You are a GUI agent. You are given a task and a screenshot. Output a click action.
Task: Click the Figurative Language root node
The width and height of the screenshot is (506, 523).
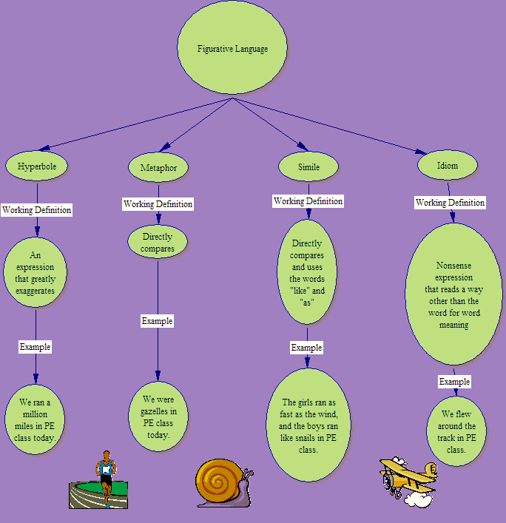(x=232, y=49)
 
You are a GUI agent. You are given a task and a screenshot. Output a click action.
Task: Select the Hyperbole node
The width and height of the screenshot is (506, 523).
(x=37, y=166)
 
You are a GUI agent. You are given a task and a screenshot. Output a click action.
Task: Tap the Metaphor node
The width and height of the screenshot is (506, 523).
(x=158, y=168)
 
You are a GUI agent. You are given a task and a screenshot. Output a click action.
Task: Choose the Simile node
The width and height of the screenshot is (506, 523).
(x=308, y=166)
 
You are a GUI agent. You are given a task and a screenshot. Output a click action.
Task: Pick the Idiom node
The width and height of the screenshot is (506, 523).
(x=448, y=166)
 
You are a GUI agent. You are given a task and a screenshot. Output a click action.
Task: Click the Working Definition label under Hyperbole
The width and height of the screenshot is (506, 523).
(x=37, y=210)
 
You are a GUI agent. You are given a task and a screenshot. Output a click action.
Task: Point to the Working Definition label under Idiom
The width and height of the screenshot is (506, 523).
(x=450, y=203)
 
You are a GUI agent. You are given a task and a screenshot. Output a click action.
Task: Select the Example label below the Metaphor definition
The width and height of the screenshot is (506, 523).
(x=158, y=321)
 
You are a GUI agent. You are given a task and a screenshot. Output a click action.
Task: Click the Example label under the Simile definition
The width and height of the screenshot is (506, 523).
(x=306, y=348)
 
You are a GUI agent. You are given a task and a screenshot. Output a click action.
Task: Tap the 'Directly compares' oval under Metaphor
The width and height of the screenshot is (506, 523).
(x=158, y=243)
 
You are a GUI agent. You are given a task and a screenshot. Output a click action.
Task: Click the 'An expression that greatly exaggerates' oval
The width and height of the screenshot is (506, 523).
(x=35, y=271)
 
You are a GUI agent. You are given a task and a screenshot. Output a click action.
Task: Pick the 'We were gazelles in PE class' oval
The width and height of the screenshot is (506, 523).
(x=158, y=416)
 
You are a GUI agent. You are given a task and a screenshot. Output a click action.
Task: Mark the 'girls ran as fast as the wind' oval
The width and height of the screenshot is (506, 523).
(x=307, y=425)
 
